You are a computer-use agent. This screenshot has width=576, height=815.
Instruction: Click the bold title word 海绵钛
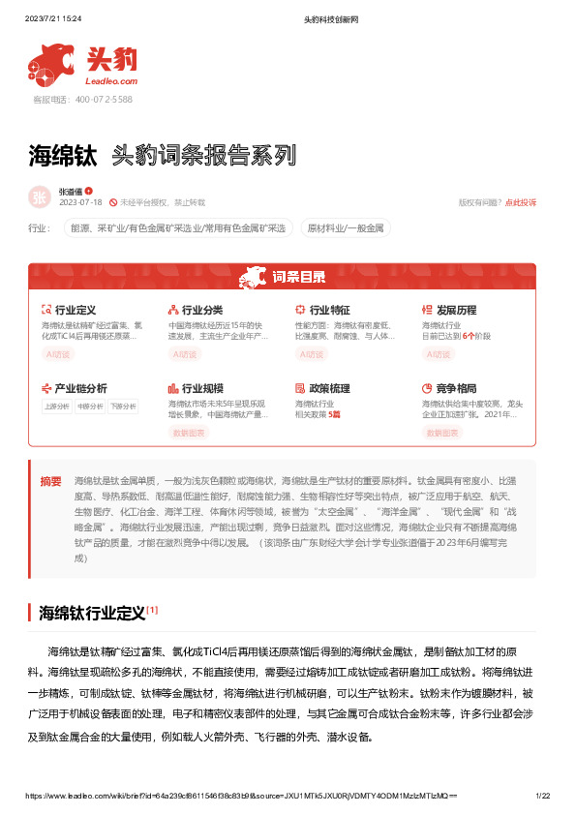63,155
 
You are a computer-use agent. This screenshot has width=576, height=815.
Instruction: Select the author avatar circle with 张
40,196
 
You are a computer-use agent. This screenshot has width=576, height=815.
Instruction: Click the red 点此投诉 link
520,202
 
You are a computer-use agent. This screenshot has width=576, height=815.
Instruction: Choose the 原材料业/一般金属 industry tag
346,229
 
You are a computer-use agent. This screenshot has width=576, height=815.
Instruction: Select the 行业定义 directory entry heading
75,310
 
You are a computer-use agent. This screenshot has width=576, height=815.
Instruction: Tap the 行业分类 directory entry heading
202,310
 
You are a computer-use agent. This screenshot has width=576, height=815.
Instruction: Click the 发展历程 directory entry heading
456,310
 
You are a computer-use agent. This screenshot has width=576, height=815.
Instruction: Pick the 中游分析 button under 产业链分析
89,407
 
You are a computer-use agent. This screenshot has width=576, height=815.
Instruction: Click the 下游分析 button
122,407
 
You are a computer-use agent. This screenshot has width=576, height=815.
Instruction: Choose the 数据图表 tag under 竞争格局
440,433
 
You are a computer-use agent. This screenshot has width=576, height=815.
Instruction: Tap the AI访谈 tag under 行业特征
312,354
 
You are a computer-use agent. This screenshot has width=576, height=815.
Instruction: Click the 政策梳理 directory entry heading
329,388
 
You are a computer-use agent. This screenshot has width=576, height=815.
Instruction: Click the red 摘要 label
50,480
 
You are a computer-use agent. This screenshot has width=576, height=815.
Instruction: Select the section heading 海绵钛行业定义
92,613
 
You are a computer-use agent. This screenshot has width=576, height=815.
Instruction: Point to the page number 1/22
542,796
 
